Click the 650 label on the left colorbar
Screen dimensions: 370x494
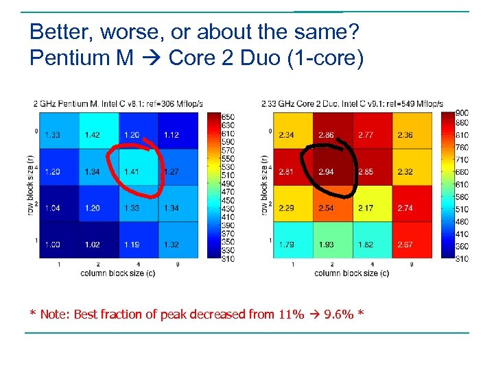(x=228, y=117)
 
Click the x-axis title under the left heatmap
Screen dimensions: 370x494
(x=117, y=273)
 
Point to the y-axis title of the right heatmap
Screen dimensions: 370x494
(x=265, y=185)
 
